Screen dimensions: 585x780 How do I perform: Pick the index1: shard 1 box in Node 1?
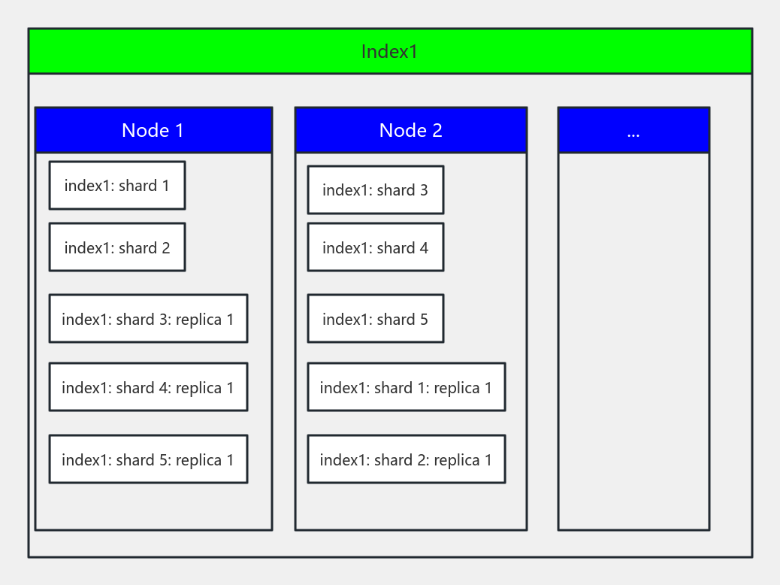[116, 186]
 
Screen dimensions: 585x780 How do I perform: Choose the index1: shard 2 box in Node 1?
[116, 247]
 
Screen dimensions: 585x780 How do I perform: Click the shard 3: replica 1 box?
[148, 319]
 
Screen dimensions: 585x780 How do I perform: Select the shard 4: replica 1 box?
[148, 387]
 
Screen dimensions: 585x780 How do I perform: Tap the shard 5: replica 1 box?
[148, 459]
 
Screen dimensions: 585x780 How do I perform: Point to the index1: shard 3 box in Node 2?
[375, 190]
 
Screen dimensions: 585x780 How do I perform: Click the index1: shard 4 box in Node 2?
[375, 247]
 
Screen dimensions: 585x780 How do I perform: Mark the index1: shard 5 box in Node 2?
[375, 319]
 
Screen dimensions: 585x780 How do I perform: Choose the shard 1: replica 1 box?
[406, 387]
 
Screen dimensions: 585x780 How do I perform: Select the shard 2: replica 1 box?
[406, 459]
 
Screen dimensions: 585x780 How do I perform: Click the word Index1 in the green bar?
[389, 52]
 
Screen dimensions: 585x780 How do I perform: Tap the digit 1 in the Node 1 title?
[179, 131]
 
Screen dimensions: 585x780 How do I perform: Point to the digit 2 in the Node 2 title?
[437, 131]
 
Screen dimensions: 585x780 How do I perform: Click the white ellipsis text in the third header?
[633, 133]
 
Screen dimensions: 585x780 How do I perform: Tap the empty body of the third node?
[633, 338]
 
